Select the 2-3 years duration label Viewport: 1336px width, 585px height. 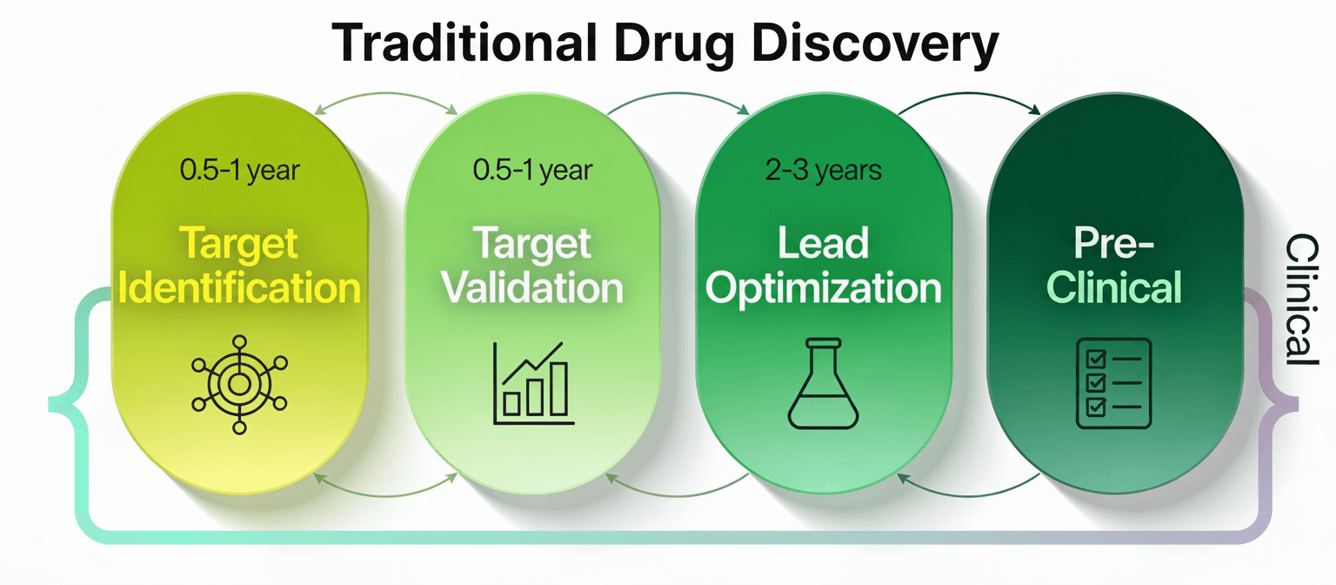[x=823, y=170]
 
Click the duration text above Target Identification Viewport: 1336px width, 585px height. [x=239, y=170]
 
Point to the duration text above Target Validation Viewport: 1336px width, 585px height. [x=532, y=170]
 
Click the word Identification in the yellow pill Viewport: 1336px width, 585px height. [x=241, y=288]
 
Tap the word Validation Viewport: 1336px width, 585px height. [x=532, y=288]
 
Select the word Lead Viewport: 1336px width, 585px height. [x=823, y=245]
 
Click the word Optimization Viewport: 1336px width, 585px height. [x=823, y=288]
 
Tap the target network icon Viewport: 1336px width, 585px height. [x=239, y=384]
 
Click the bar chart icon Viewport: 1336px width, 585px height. [x=533, y=383]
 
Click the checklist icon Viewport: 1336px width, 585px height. [x=1114, y=383]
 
